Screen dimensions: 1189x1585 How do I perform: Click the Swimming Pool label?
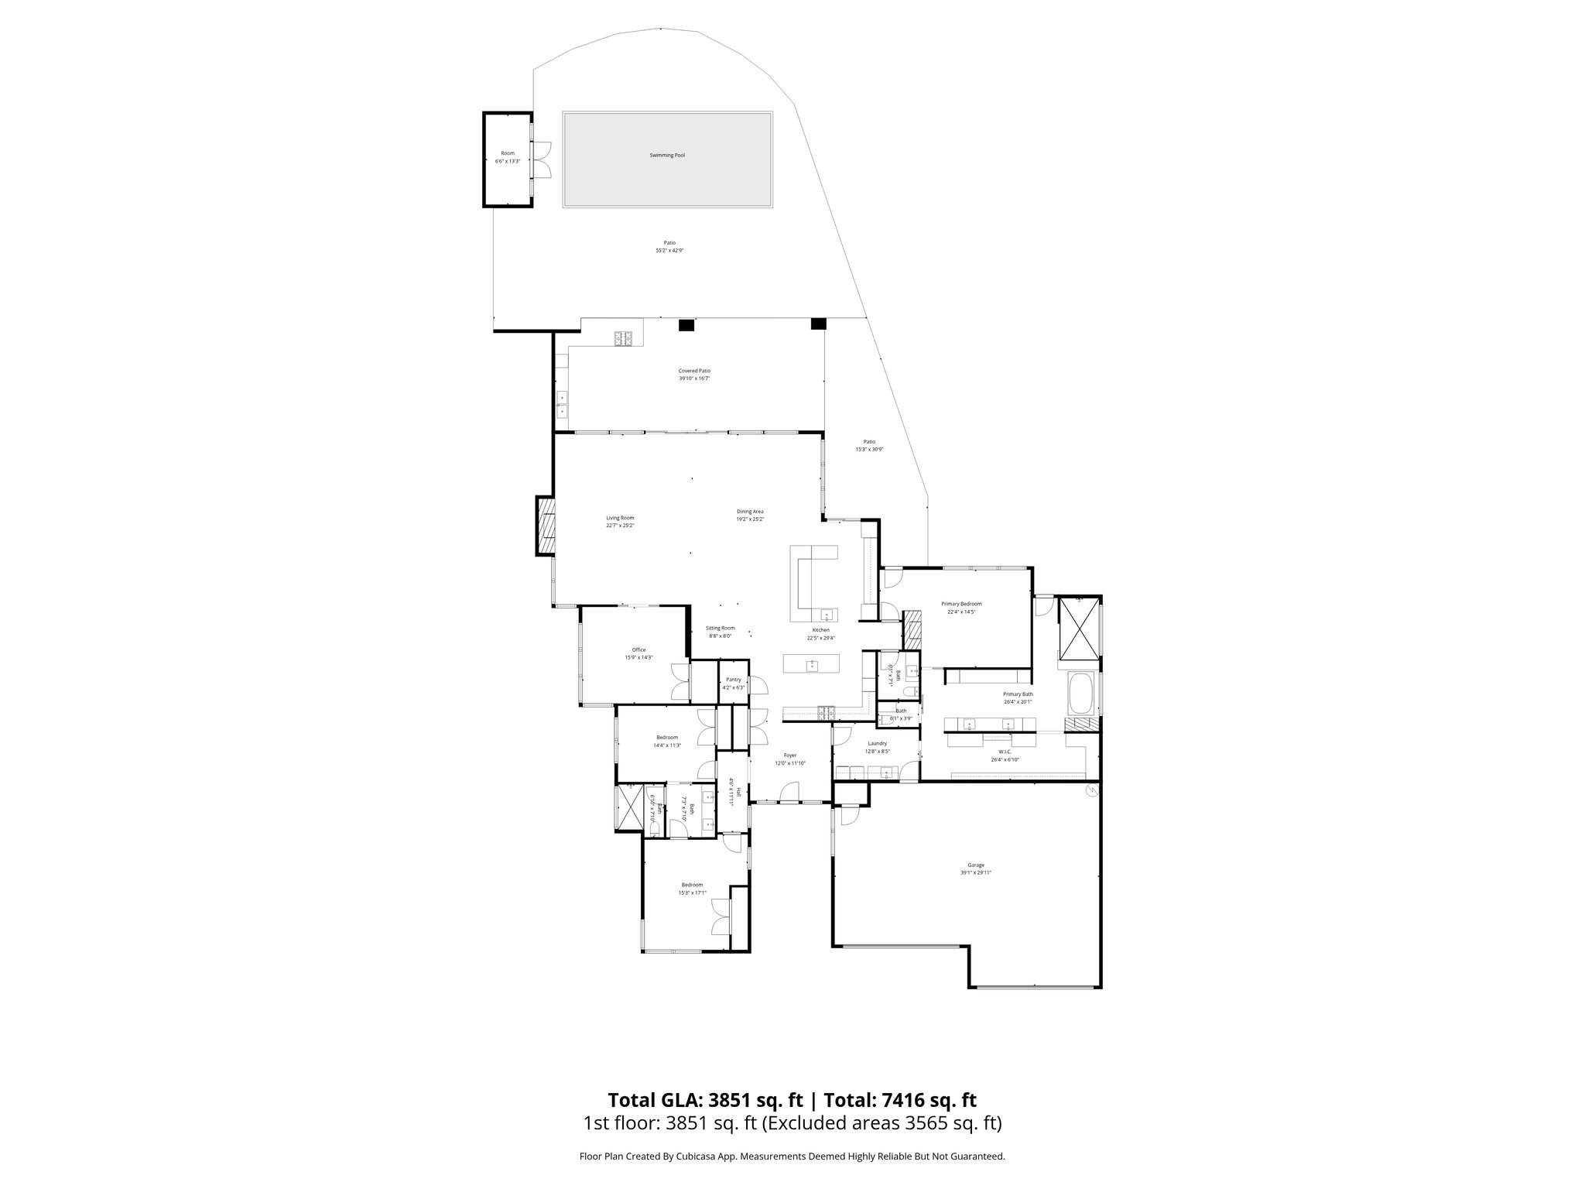point(666,156)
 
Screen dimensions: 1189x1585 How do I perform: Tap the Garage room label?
point(975,865)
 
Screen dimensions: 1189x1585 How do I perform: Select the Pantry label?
point(733,679)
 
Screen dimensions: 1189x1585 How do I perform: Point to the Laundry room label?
point(877,743)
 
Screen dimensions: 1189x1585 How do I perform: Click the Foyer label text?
point(790,755)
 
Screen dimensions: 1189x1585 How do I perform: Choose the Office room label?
point(638,649)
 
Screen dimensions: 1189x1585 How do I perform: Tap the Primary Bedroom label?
point(961,604)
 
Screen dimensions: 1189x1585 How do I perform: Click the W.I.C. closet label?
point(1005,752)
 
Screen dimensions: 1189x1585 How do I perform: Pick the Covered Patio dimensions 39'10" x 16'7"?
point(694,379)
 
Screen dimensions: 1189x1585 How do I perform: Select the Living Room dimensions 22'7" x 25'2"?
point(620,526)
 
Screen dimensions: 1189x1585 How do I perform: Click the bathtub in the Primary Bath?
point(1081,694)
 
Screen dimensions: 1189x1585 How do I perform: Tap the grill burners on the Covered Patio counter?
point(624,338)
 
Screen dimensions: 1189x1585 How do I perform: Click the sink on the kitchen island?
point(812,664)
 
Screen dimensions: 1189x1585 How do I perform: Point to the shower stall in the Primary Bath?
point(1079,627)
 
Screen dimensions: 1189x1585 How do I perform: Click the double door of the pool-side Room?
point(543,159)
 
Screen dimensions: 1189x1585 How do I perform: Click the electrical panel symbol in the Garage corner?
point(1091,790)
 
